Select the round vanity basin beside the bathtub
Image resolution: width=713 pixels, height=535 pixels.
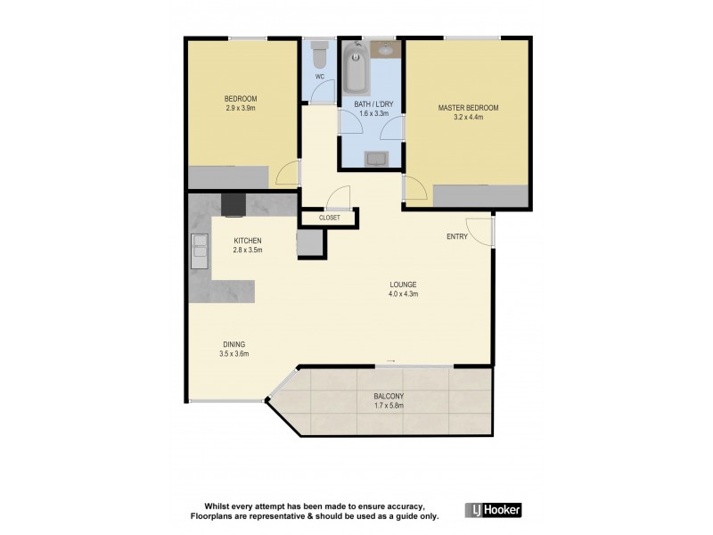387,50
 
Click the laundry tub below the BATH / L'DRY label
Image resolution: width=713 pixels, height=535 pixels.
376,159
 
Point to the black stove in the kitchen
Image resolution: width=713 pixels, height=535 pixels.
233,205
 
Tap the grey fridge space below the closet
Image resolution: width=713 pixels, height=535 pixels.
308,242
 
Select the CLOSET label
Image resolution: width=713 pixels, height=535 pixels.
329,217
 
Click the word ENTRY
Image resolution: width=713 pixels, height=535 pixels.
457,236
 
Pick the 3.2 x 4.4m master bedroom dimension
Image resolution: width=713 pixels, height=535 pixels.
468,117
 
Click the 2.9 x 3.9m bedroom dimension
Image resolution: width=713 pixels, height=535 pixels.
241,108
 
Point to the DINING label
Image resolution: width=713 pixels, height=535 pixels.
234,344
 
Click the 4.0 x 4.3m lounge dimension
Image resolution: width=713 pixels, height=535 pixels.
403,294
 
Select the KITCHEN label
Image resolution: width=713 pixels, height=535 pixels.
247,241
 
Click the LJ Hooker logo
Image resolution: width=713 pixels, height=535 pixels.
493,510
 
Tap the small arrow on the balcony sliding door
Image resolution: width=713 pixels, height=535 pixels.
390,360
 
